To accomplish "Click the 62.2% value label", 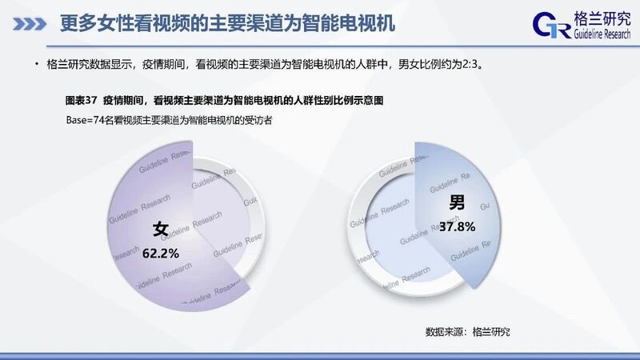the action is [x=161, y=254].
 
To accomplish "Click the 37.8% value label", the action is [x=457, y=226].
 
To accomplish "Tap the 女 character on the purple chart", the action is [x=161, y=229].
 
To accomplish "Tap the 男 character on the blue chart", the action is [x=457, y=202].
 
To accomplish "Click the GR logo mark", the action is [x=551, y=26].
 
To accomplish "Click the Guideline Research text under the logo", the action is [x=602, y=34].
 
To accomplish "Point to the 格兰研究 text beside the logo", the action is [x=602, y=18].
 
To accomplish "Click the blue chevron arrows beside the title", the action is [x=30, y=24].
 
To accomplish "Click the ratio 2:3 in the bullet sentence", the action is [x=470, y=65].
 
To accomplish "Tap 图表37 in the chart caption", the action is [x=82, y=101].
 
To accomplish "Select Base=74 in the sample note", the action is [x=86, y=121].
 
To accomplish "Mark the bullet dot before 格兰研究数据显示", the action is [x=37, y=64].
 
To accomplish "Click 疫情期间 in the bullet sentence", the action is [x=163, y=65].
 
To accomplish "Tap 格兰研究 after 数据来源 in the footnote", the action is [x=491, y=332].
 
